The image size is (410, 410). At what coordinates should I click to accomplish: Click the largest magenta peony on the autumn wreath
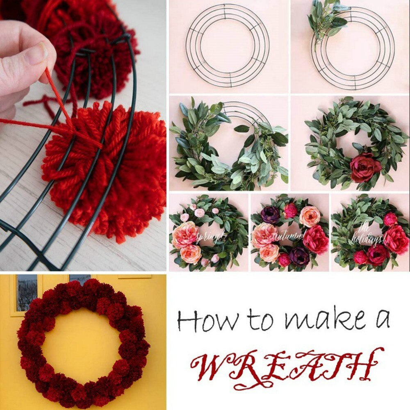316,240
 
